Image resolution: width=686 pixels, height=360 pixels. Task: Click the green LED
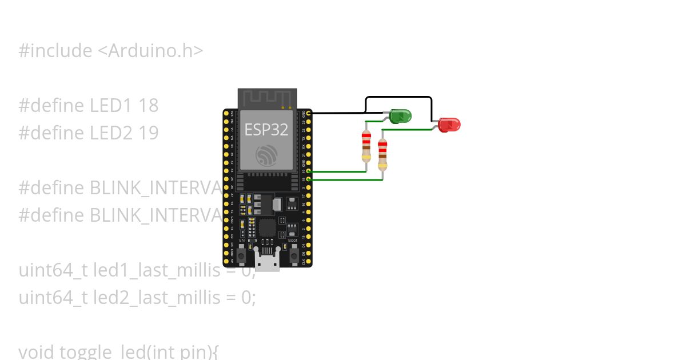tap(401, 116)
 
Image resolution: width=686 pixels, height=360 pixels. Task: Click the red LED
tap(449, 124)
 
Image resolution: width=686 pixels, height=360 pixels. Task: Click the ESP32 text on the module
tap(266, 129)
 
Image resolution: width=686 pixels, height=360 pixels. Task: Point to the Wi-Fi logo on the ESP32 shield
tap(267, 154)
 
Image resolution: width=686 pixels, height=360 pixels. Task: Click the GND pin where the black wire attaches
tap(309, 114)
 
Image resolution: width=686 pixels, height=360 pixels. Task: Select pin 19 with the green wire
tap(309, 171)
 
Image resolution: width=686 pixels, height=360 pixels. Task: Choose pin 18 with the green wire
tap(309, 179)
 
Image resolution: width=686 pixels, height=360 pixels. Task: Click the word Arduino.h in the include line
tap(155, 51)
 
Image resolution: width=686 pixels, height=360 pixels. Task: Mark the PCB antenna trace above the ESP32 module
tap(267, 98)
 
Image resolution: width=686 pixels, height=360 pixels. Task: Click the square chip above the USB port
tap(267, 227)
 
